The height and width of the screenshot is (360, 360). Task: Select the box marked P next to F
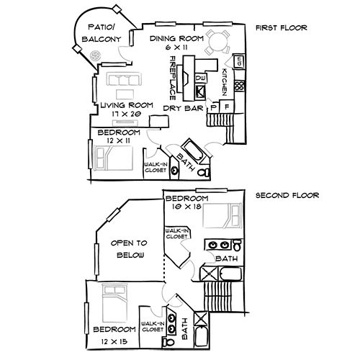213,107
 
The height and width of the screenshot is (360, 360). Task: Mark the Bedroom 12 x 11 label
119,137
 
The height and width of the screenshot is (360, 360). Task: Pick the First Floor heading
281,29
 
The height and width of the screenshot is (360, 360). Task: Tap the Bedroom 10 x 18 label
186,202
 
